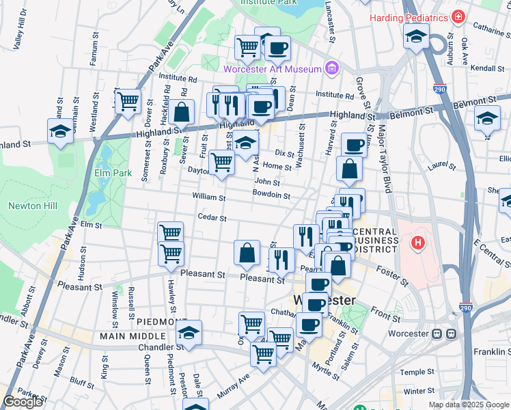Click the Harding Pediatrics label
pos(408,17)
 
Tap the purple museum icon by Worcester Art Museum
pos(332,68)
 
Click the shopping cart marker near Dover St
pos(128,102)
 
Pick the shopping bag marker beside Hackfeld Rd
pos(182,112)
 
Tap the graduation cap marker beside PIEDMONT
pos(189,333)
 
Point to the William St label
pos(208,197)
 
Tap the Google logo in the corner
pos(23,402)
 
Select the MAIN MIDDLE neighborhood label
pos(132,336)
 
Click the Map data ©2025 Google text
pos(468,405)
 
